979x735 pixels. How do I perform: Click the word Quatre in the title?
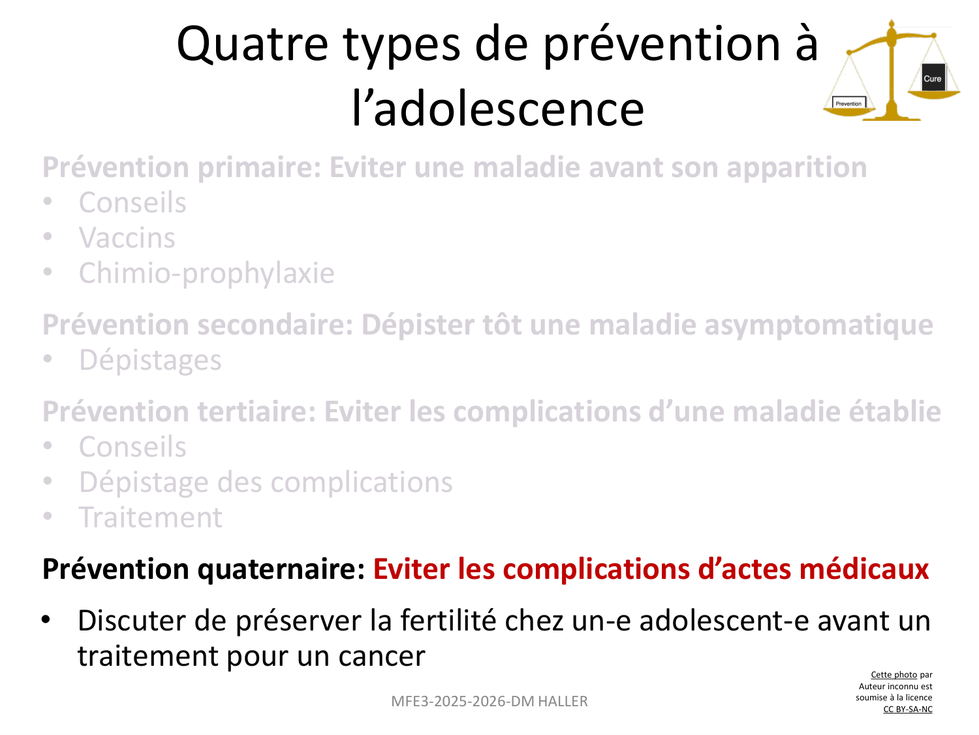click(253, 45)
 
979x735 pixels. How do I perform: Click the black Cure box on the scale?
click(932, 78)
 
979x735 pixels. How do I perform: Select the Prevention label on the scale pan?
click(848, 103)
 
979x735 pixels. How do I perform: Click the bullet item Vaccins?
click(127, 238)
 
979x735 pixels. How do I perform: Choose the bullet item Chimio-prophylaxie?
click(206, 273)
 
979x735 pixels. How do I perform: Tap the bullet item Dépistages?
click(150, 360)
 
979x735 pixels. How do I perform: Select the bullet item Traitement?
click(150, 517)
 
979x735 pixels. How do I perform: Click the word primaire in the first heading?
click(259, 168)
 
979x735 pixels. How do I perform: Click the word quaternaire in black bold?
click(281, 570)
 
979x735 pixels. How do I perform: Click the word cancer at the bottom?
click(381, 657)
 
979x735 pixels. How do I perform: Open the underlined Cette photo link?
click(894, 675)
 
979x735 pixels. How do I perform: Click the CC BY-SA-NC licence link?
click(907, 709)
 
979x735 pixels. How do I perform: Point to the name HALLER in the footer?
click(563, 702)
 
